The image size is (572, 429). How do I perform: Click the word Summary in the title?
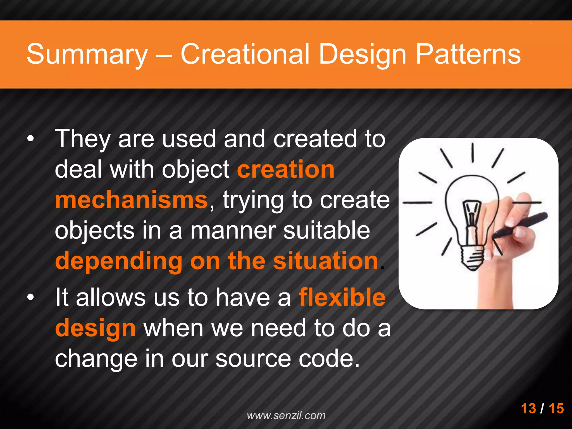click(87, 54)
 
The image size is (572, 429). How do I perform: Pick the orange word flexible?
click(342, 297)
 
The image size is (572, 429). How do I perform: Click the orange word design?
click(95, 328)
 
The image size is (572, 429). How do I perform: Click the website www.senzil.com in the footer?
click(286, 416)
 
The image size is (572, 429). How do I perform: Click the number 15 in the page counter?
click(556, 408)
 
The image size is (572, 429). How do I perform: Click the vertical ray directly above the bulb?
click(473, 152)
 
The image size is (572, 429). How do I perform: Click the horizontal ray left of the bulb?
click(417, 202)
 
